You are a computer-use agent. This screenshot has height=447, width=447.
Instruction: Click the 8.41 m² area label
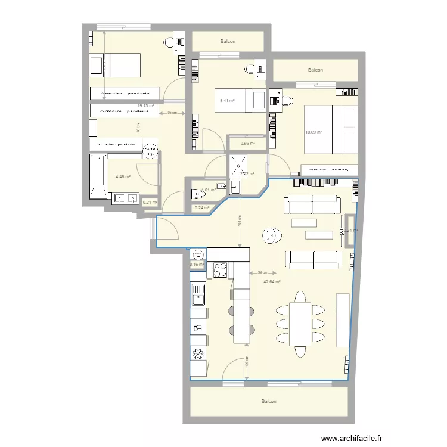click(x=227, y=101)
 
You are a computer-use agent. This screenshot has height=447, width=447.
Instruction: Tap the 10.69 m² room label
click(x=313, y=132)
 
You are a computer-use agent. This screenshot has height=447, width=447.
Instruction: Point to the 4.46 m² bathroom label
click(x=123, y=176)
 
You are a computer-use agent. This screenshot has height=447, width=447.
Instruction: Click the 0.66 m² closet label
click(x=247, y=143)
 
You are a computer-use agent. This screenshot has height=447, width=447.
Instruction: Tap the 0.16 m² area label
click(x=197, y=265)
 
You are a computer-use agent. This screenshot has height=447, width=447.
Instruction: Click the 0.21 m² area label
click(x=150, y=203)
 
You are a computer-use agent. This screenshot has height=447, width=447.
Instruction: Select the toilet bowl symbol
click(x=200, y=194)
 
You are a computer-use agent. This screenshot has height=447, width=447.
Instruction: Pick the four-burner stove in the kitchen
click(x=219, y=270)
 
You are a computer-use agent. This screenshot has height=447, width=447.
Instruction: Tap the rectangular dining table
click(x=300, y=322)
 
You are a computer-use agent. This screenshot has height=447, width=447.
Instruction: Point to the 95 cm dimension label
click(x=171, y=113)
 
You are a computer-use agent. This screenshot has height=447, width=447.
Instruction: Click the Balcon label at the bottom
click(x=269, y=402)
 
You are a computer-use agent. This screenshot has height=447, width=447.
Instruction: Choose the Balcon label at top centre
click(x=228, y=42)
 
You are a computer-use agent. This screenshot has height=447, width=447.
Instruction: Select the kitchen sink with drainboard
click(x=198, y=296)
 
